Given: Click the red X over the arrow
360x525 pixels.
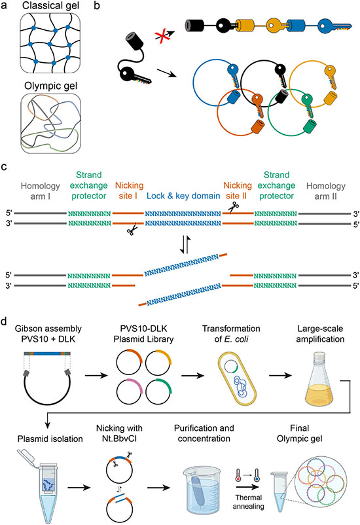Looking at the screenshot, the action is [162, 35].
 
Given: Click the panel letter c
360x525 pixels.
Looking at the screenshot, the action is [4, 166].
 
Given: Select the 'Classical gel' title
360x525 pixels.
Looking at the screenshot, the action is [50, 5].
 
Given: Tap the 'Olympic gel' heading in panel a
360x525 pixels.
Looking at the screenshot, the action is [51, 86].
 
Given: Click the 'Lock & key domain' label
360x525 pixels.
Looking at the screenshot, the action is [183, 196].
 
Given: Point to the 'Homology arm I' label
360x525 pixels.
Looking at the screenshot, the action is [40, 191].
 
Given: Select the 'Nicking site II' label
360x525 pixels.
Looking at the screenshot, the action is [238, 190].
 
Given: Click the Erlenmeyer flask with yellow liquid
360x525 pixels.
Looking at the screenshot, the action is [320, 376].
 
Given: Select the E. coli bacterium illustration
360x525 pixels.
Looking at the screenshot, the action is [237, 380].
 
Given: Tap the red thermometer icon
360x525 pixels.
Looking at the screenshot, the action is [238, 475].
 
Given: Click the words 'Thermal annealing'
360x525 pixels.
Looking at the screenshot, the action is [249, 502].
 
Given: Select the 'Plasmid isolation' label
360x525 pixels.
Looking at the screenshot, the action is [50, 439].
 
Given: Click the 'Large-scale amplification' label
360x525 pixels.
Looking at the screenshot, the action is [320, 334].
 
